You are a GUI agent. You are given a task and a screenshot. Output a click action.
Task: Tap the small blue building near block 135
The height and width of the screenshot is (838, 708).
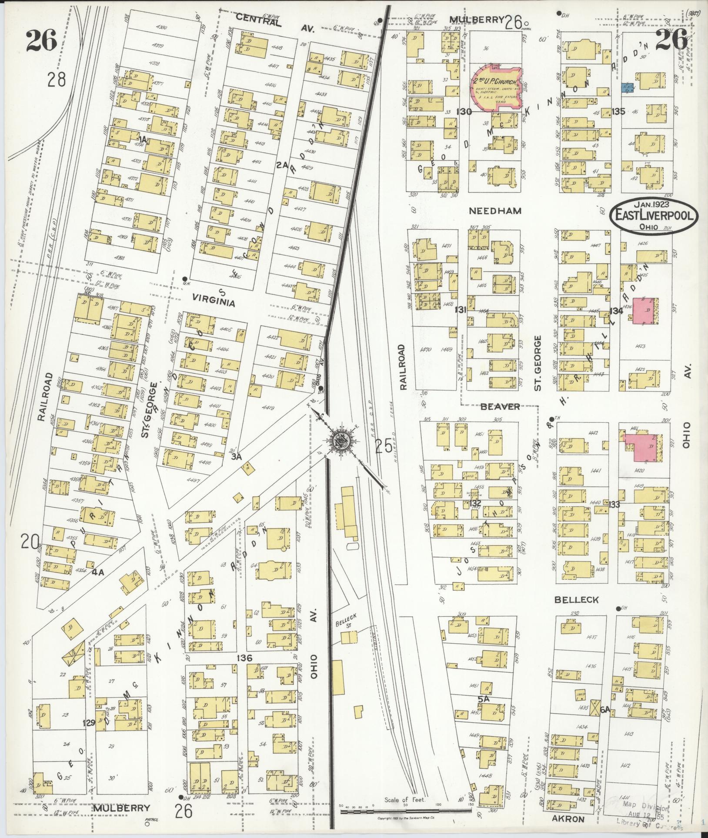coord(626,87)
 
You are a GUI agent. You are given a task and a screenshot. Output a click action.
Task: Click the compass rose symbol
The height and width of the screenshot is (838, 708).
coord(340,442)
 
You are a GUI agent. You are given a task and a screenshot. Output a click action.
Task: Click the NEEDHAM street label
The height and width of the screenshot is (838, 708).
coord(495,211)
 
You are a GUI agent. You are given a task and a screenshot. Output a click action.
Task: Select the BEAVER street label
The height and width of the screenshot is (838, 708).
coord(500,407)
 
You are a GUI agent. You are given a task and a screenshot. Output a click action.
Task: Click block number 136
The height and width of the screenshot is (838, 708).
coord(244,658)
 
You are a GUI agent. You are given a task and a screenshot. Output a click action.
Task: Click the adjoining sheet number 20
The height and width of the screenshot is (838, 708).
coord(30,542)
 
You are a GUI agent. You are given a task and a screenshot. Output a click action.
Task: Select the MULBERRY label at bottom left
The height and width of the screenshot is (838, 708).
coord(121,808)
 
